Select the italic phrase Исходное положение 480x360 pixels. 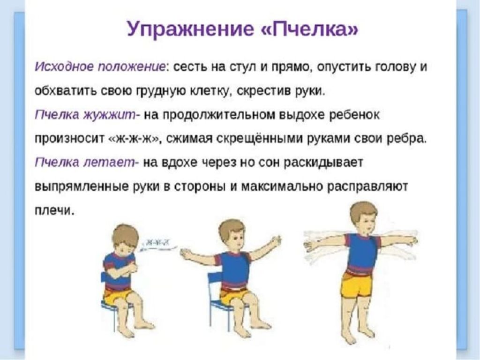[x=100, y=67]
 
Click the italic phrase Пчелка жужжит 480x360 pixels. [x=87, y=115]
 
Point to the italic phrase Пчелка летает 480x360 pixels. [x=87, y=163]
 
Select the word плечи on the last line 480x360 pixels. [x=54, y=210]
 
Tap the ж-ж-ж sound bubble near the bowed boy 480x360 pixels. [x=157, y=244]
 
